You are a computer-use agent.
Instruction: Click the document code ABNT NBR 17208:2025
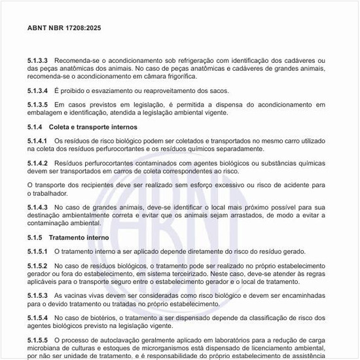click(64, 29)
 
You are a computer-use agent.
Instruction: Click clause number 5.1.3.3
click(39, 61)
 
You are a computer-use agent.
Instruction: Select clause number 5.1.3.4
click(39, 90)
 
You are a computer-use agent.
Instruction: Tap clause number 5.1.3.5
click(39, 104)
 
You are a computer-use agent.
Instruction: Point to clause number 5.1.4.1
click(39, 140)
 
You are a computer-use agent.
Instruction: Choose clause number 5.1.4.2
click(39, 162)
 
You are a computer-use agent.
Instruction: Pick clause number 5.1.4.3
click(39, 207)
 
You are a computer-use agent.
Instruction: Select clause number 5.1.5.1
click(39, 251)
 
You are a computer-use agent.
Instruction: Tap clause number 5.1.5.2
click(39, 266)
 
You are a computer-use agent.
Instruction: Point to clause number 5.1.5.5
click(39, 340)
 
